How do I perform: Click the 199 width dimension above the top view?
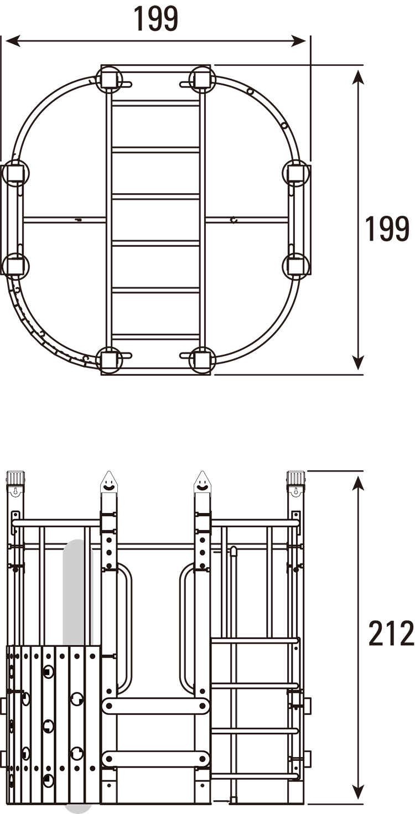coord(156,18)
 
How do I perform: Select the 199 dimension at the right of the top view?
coord(387,229)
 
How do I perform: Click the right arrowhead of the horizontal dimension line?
coord(298,41)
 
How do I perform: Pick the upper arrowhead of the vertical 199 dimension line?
coord(359,78)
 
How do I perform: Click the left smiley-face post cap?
coord(108,482)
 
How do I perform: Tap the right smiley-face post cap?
coord(203,482)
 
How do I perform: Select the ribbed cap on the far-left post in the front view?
coord(15,478)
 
